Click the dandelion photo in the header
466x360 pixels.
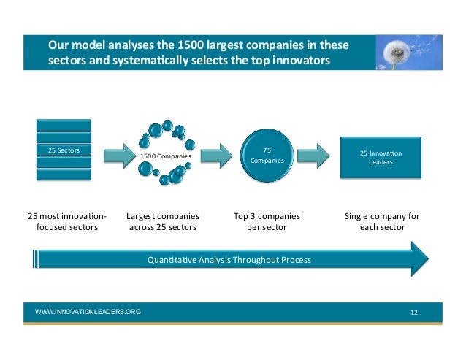pyautogui.click(x=411, y=53)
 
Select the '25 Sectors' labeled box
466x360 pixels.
pyautogui.click(x=64, y=150)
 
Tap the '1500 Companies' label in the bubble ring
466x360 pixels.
pyautogui.click(x=166, y=156)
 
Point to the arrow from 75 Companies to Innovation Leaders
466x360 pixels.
pyautogui.click(x=312, y=154)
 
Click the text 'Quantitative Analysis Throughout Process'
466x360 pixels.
pyautogui.click(x=229, y=260)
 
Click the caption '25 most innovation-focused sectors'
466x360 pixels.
pyautogui.click(x=66, y=222)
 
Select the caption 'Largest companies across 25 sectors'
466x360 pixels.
pyautogui.click(x=163, y=222)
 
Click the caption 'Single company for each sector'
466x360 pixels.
pyautogui.click(x=381, y=222)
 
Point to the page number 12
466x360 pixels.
pyautogui.click(x=414, y=313)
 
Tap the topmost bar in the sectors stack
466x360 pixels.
pyautogui.click(x=64, y=124)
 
